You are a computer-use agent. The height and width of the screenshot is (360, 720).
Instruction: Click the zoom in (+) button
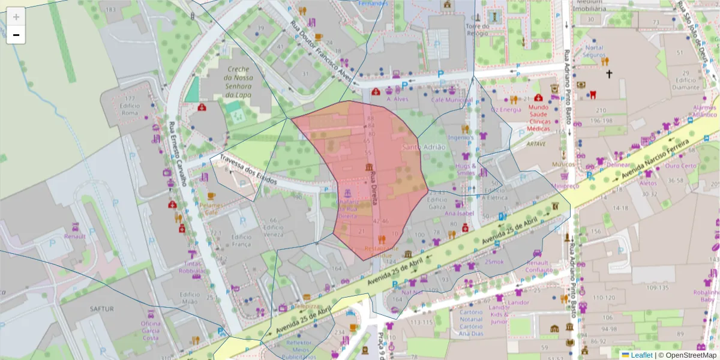click(16, 17)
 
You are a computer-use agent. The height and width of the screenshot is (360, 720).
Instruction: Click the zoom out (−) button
click(16, 35)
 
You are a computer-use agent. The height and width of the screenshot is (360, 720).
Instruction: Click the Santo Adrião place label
click(424, 147)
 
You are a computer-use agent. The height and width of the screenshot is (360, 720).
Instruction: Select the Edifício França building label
click(241, 241)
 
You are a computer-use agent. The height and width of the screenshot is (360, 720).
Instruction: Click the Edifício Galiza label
click(437, 203)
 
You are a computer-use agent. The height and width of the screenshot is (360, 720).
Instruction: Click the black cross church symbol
click(609, 74)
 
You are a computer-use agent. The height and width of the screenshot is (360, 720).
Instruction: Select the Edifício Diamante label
click(688, 83)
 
